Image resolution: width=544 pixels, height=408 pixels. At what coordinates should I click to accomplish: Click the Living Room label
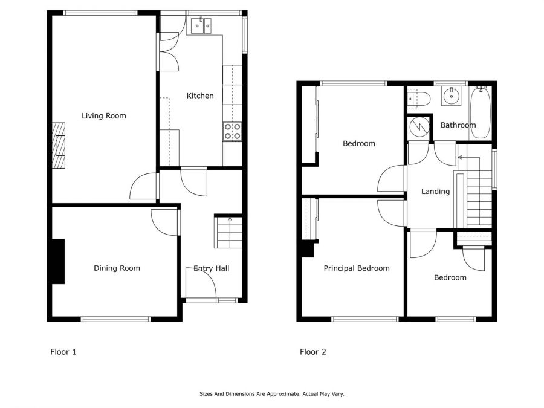(104, 116)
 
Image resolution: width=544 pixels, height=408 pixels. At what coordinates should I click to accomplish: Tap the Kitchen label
(200, 96)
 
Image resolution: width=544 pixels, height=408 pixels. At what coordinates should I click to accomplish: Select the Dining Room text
(117, 268)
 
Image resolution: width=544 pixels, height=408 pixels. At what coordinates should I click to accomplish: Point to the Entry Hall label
(212, 268)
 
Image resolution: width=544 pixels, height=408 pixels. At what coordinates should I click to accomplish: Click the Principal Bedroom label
(357, 268)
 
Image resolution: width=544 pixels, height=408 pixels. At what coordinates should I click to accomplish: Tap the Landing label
(435, 192)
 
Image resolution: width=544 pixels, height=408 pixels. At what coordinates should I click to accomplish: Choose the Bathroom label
(458, 125)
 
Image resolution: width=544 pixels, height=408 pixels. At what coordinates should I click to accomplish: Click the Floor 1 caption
(63, 352)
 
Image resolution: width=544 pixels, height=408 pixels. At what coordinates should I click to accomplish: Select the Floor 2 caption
(313, 352)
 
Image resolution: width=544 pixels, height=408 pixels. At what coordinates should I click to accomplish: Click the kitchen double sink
(201, 25)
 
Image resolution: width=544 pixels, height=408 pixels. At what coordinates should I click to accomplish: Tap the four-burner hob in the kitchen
(233, 132)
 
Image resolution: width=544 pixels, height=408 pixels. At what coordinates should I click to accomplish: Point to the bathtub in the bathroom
(481, 113)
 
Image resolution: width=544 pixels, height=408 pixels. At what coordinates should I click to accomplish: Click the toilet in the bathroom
(419, 100)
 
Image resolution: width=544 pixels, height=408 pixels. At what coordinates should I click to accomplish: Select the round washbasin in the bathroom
(452, 96)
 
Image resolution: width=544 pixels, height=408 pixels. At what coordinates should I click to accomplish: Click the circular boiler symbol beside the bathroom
(419, 127)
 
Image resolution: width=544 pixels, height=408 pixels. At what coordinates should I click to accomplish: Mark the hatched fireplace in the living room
(59, 145)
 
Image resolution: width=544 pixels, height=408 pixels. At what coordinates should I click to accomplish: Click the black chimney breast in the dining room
(58, 262)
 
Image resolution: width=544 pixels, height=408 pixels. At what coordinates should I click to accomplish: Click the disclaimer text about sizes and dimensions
(271, 394)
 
